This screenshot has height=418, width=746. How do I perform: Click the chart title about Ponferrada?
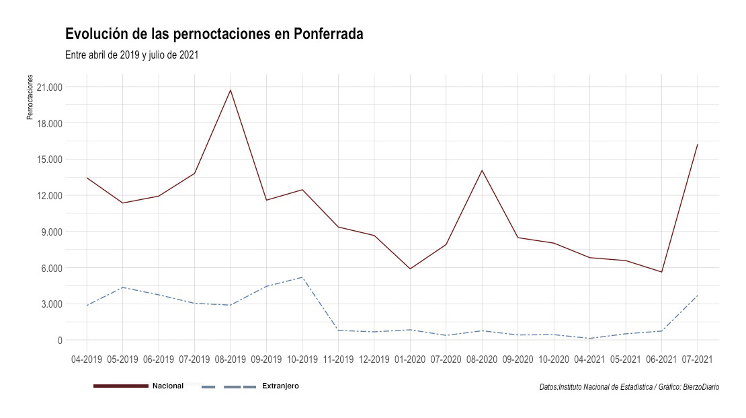214,34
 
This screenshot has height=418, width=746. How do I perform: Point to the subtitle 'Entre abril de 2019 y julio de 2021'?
132,55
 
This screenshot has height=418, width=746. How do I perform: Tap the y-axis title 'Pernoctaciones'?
30,97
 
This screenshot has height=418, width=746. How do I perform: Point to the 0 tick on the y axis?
60,341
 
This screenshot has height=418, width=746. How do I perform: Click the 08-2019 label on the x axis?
231,359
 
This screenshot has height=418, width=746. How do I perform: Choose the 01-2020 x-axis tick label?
410,359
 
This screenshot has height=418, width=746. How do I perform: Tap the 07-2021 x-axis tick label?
698,359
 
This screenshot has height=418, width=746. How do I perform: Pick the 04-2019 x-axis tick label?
87,359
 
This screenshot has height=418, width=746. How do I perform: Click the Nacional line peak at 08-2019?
231,90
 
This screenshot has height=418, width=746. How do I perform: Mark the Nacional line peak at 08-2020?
482,170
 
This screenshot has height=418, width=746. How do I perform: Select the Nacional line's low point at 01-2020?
410,269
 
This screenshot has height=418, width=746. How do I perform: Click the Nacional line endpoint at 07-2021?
698,145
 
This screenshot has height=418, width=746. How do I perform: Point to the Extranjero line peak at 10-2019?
302,277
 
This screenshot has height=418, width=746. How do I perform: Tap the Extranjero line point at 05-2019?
123,287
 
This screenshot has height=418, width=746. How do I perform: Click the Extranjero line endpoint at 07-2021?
698,295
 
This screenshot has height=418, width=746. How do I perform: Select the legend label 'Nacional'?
168,386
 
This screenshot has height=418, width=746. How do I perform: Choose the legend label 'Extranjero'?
281,386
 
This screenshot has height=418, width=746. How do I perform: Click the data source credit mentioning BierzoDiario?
630,387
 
